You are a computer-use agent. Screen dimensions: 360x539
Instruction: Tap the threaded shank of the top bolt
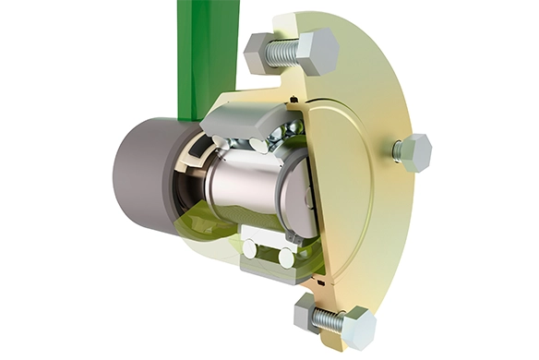pyautogui.click(x=282, y=53)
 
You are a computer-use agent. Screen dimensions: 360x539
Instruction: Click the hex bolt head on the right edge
pyautogui.click(x=413, y=152)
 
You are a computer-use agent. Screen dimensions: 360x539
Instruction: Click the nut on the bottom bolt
pyautogui.click(x=308, y=314)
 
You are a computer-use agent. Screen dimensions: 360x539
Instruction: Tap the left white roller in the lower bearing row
pyautogui.click(x=249, y=248)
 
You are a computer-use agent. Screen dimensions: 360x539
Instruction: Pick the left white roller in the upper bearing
pyautogui.click(x=222, y=141)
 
